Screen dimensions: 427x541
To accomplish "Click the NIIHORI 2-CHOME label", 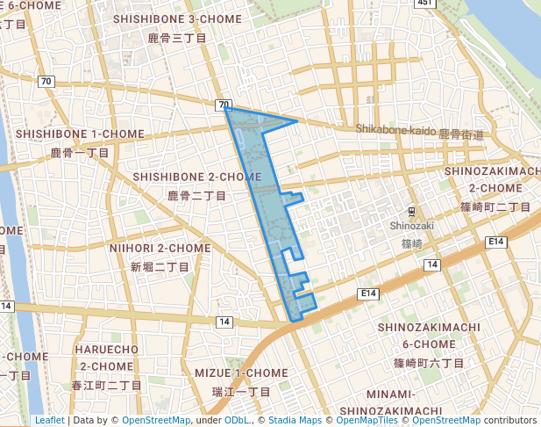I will coord(160,248).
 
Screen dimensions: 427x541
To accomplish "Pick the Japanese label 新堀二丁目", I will coord(160,267).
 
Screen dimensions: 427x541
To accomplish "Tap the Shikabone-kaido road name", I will coord(395,131).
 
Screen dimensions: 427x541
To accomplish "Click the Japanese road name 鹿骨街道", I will coord(460,134).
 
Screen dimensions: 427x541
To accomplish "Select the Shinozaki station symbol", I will coord(411,212).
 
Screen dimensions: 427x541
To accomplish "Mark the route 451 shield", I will coord(426,4).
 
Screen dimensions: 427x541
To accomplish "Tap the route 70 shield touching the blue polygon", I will coord(224,105).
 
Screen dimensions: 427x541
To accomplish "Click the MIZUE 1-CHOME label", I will coord(241,373).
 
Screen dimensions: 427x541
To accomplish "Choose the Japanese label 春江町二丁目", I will coord(107,385).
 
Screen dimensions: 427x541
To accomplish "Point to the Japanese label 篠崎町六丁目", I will coord(429,362).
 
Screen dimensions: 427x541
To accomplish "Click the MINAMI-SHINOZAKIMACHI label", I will coord(414,402).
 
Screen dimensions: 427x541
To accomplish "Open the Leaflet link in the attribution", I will coord(49,420).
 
